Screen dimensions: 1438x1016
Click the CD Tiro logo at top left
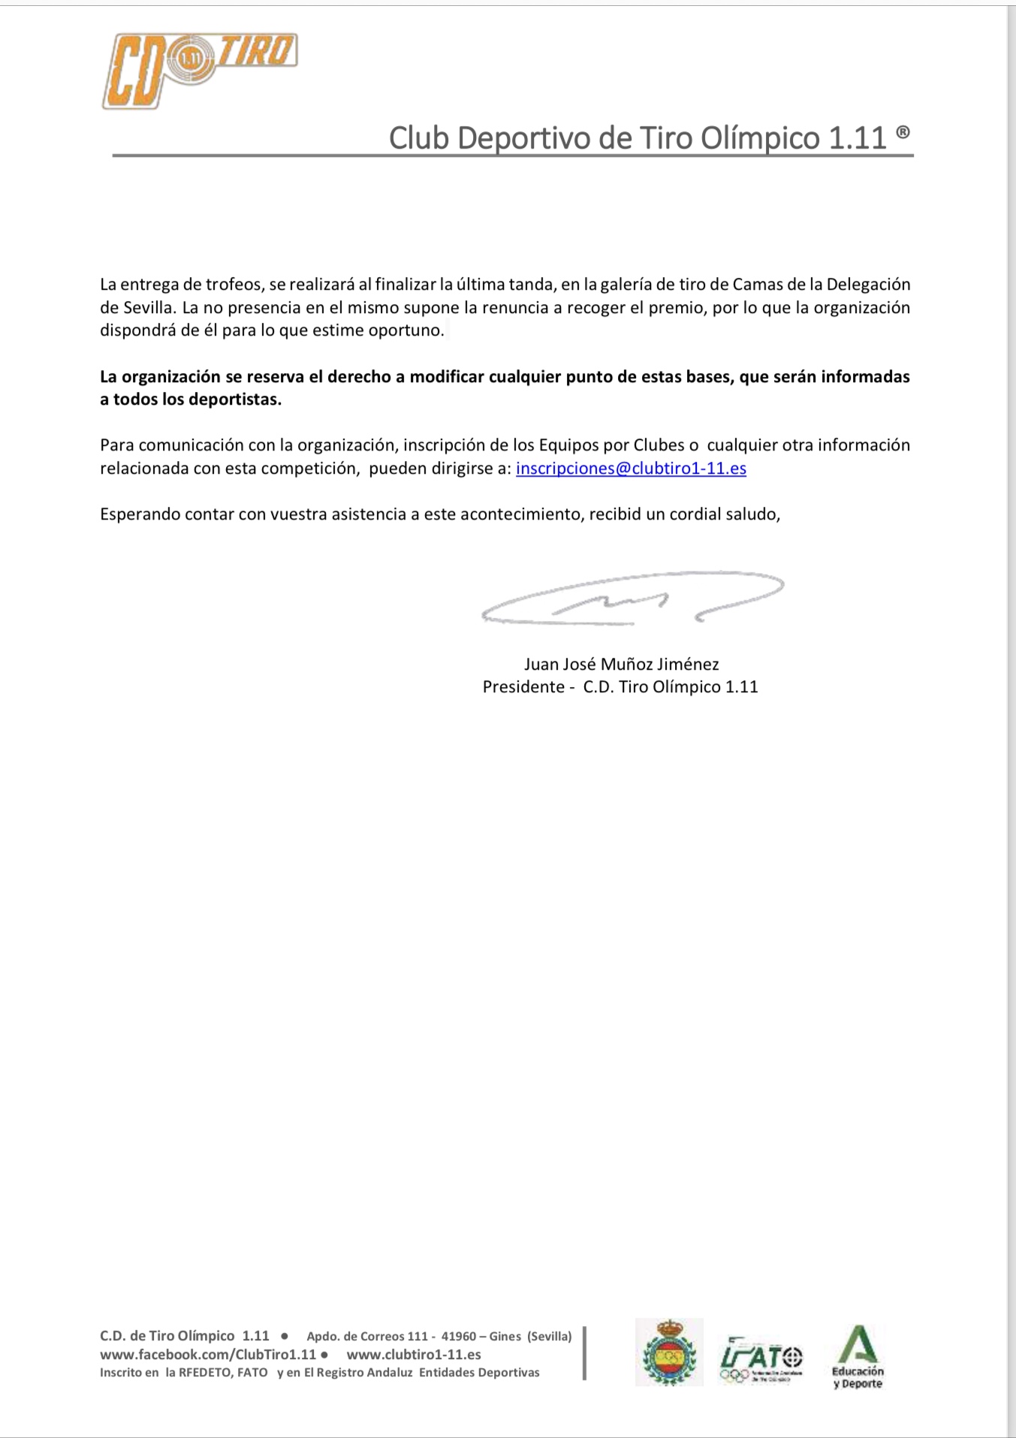(x=199, y=71)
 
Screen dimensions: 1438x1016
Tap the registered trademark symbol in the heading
(x=903, y=133)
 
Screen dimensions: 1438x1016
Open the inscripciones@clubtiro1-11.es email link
(x=631, y=469)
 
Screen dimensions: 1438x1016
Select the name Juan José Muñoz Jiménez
(x=621, y=664)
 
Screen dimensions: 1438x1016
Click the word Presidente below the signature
(x=523, y=687)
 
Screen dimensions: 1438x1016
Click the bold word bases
(x=708, y=377)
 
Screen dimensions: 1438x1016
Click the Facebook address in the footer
(x=208, y=1355)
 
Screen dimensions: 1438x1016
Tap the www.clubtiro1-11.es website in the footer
(x=414, y=1355)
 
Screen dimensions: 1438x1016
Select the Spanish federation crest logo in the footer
(x=669, y=1352)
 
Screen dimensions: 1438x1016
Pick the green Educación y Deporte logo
(x=858, y=1357)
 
